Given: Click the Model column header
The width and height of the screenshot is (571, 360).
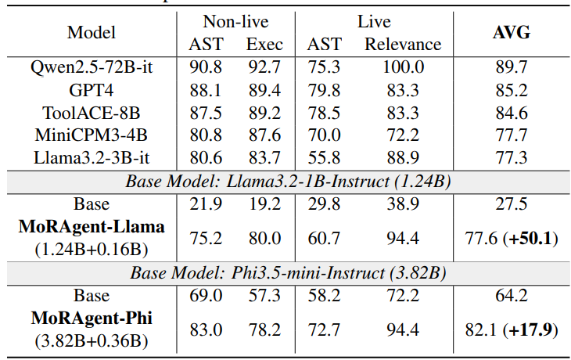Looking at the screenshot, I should point(92,32).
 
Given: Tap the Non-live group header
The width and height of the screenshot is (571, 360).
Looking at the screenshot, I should point(235,21).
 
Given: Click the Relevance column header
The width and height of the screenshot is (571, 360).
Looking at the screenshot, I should point(403,45).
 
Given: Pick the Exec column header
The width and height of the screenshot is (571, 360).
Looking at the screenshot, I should point(264,45).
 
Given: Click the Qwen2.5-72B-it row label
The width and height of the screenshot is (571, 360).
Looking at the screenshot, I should point(92,67).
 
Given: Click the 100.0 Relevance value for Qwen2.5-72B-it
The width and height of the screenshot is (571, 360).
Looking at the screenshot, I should point(403,67).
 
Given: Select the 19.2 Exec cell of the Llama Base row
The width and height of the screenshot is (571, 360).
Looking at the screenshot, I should point(264,204).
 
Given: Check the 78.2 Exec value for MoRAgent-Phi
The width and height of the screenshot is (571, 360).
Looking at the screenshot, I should point(264,329).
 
